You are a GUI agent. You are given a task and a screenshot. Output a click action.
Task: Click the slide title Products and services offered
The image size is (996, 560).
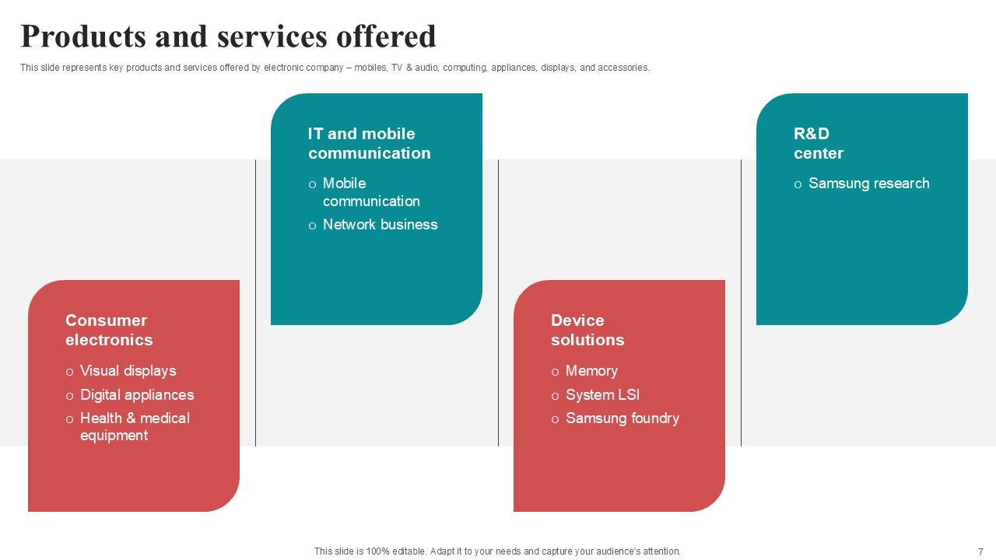click(228, 37)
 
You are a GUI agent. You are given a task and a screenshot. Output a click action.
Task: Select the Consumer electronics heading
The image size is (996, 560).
click(109, 330)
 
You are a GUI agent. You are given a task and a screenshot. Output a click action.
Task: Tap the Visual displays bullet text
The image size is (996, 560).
click(128, 371)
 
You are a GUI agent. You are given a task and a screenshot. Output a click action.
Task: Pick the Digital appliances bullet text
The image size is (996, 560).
click(137, 395)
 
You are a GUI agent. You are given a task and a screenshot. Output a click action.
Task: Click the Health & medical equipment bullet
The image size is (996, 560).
click(135, 426)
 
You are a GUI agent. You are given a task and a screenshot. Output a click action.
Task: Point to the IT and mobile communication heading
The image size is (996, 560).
click(369, 143)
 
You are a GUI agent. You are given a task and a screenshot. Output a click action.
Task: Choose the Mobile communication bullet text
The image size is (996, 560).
click(371, 192)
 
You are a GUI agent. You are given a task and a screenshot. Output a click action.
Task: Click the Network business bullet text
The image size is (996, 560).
click(380, 225)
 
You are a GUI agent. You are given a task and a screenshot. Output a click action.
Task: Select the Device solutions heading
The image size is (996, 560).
click(587, 330)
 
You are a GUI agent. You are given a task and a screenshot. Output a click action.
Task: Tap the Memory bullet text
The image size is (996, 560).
click(591, 371)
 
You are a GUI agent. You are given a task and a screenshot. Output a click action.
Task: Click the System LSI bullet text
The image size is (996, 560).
click(602, 395)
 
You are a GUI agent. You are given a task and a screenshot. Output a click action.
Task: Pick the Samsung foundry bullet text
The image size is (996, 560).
click(622, 418)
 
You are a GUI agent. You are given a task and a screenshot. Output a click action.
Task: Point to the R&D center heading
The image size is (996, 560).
click(818, 143)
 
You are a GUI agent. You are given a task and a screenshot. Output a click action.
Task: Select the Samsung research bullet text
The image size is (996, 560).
click(868, 184)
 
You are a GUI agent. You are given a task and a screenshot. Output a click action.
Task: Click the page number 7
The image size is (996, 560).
click(980, 551)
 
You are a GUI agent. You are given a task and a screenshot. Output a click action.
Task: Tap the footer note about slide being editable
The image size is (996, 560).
click(497, 551)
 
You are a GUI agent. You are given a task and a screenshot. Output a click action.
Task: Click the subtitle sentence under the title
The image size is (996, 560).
click(335, 68)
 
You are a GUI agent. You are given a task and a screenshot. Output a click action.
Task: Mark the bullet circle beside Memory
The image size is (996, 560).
click(555, 373)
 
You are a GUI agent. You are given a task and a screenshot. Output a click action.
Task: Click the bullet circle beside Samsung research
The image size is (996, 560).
click(798, 185)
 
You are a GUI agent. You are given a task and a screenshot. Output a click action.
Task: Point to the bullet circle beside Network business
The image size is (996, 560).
click(312, 226)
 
